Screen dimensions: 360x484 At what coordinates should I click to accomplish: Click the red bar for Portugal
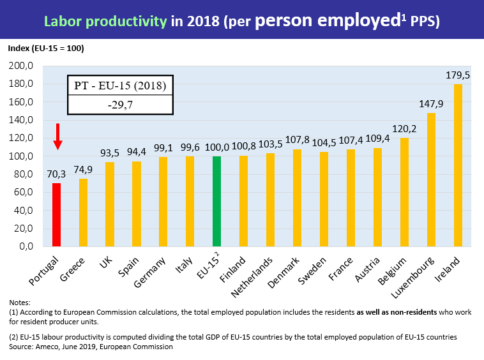coord(56,214)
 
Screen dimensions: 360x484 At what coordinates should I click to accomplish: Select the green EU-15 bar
coord(216,201)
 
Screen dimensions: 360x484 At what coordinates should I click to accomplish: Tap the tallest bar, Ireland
coord(458,165)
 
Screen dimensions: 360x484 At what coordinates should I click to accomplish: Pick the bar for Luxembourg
coord(431,179)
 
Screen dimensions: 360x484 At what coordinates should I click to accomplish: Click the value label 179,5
coord(458,75)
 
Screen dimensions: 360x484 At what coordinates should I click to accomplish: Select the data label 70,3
coord(56,174)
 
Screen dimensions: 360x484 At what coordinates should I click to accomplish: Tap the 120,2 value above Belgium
coord(404,129)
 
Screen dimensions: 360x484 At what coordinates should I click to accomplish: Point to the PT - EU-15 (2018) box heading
coord(120,86)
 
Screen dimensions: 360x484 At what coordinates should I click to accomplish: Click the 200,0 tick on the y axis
coord(21,66)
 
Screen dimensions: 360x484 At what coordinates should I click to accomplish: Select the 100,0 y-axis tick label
coord(21,156)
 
